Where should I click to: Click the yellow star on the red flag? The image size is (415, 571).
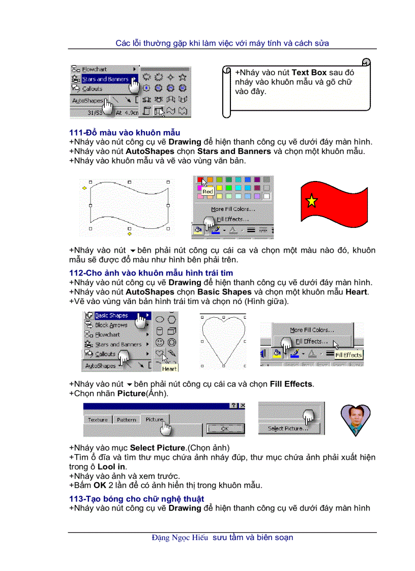(311, 201)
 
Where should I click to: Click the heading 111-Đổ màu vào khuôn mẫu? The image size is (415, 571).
(125, 133)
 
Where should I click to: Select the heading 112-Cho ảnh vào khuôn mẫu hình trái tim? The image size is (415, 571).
(151, 273)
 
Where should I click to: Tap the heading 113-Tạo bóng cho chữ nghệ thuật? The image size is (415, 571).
(137, 499)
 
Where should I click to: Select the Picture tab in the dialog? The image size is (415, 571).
(155, 419)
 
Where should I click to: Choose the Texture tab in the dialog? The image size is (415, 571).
(98, 420)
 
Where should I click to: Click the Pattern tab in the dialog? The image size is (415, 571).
(126, 420)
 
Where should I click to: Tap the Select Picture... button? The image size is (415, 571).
(288, 429)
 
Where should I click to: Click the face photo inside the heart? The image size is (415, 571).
(355, 418)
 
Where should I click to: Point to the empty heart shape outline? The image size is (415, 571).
(223, 338)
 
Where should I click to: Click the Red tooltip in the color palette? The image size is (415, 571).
(207, 192)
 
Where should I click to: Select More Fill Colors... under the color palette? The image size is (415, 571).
(233, 209)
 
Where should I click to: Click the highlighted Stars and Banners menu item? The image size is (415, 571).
(105, 79)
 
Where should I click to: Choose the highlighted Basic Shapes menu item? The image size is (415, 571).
(111, 315)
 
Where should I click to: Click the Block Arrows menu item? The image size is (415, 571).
(111, 325)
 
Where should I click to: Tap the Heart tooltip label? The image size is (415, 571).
(169, 369)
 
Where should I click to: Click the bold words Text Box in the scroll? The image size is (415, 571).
(309, 73)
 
